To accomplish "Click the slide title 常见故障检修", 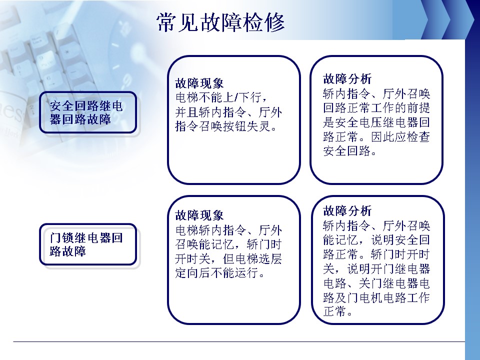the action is tap(220, 22).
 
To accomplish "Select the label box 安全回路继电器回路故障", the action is tap(88, 112).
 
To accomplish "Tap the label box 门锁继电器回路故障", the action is tap(88, 244).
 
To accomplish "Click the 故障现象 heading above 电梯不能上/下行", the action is tap(199, 83).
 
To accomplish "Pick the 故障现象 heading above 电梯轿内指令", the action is tap(199, 215).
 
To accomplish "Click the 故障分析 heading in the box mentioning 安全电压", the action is tap(347, 79).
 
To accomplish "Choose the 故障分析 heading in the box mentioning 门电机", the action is tap(347, 211).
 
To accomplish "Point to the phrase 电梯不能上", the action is tap(204, 97).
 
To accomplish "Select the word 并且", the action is tap(187, 112).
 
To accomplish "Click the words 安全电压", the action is tap(359, 122).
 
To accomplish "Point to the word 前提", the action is tap(418, 108).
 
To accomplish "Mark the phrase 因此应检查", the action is tap(400, 137).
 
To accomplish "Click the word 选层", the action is tap(270, 259).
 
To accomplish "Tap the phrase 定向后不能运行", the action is tap(216, 273).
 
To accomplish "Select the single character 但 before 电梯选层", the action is tap(228, 259).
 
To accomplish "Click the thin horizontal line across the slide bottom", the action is tap(239, 341).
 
